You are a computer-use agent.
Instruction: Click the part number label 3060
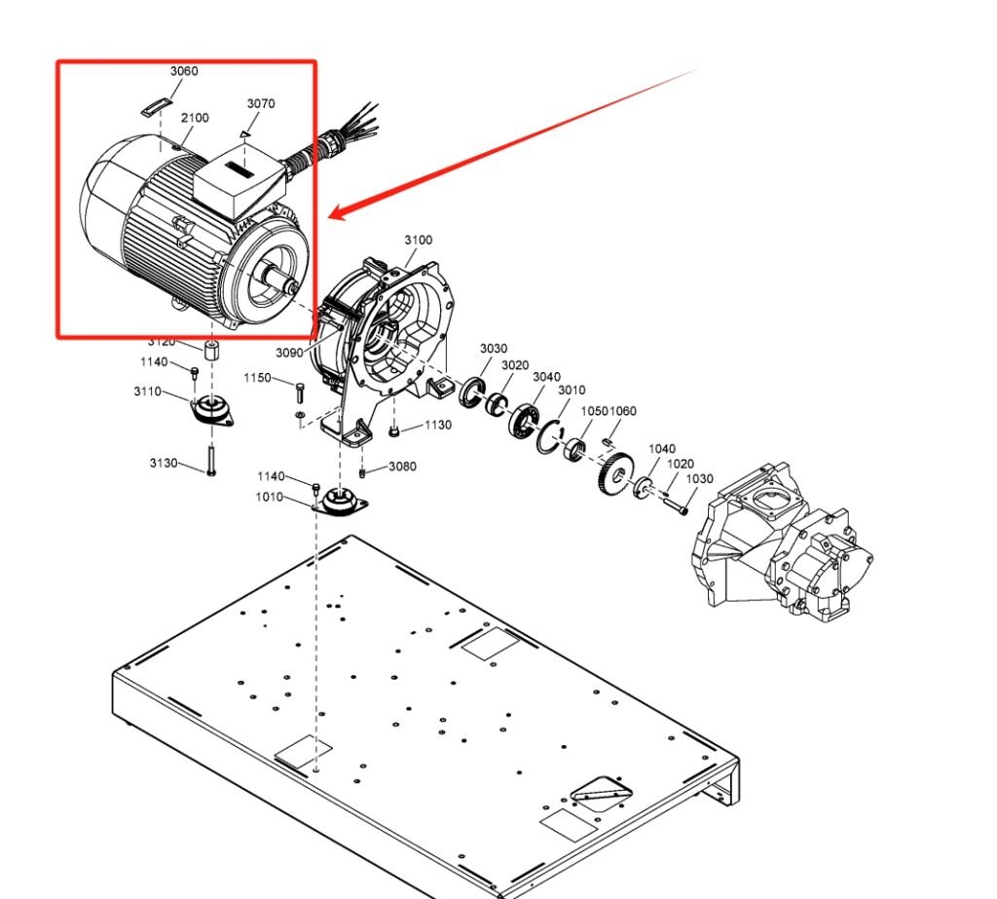pos(183,71)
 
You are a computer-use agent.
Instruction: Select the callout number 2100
pos(195,118)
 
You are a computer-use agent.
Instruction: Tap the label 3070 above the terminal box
pos(260,103)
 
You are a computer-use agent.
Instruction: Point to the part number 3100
pos(419,240)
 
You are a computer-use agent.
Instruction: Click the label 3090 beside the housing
pos(290,353)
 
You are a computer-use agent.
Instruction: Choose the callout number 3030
pos(493,349)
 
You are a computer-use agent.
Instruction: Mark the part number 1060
pos(623,411)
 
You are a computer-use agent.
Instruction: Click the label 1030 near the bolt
pos(700,478)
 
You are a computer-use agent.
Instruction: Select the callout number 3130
pos(164,463)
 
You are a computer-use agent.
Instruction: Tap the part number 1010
pos(270,497)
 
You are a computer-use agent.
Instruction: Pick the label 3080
pos(402,467)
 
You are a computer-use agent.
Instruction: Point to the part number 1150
pos(257,378)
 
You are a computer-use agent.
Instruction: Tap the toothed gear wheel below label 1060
pos(612,474)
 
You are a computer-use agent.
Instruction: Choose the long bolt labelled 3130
pos(210,459)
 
